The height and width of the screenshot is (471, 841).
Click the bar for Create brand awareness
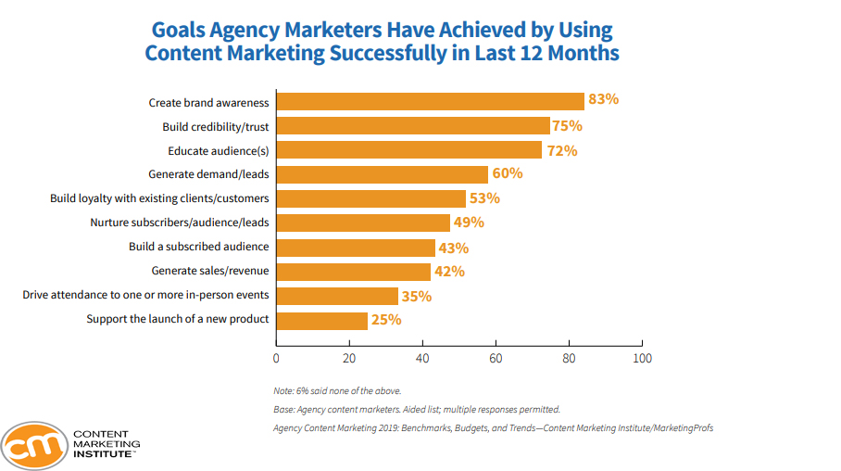pyautogui.click(x=431, y=102)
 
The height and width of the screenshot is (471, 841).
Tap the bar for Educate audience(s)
pyautogui.click(x=409, y=150)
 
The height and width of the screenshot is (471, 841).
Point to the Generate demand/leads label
pyautogui.click(x=208, y=174)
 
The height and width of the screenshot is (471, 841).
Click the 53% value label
pyautogui.click(x=484, y=198)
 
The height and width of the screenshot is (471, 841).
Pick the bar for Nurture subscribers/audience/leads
pyautogui.click(x=363, y=223)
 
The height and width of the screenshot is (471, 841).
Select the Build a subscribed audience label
pyautogui.click(x=199, y=248)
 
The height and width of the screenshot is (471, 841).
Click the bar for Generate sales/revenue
pyautogui.click(x=354, y=272)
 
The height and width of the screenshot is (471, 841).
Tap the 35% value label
pyautogui.click(x=417, y=296)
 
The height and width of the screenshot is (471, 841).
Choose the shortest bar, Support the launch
pyautogui.click(x=322, y=321)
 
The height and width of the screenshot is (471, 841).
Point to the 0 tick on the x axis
pyautogui.click(x=276, y=358)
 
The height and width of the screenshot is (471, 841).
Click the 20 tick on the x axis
pyautogui.click(x=349, y=358)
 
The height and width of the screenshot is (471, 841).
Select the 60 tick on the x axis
pyautogui.click(x=496, y=358)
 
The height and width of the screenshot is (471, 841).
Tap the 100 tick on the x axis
pyautogui.click(x=641, y=358)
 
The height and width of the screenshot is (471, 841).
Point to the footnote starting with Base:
pyautogui.click(x=417, y=409)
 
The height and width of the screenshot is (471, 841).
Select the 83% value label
pyautogui.click(x=603, y=100)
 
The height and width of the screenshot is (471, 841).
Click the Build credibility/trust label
pyautogui.click(x=216, y=126)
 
